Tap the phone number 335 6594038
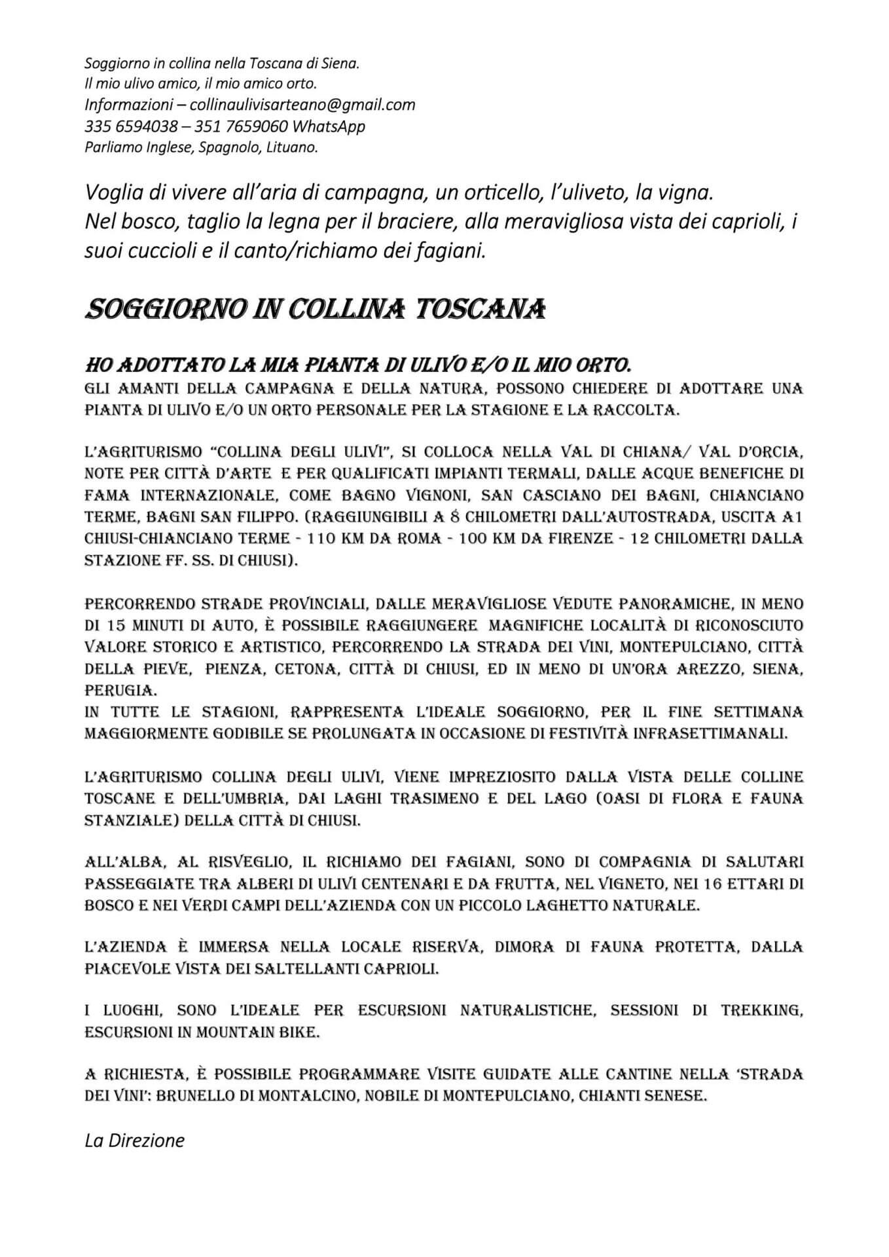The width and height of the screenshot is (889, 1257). [131, 126]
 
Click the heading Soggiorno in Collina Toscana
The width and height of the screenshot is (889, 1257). [315, 308]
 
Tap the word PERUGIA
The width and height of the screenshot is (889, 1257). [111, 691]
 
